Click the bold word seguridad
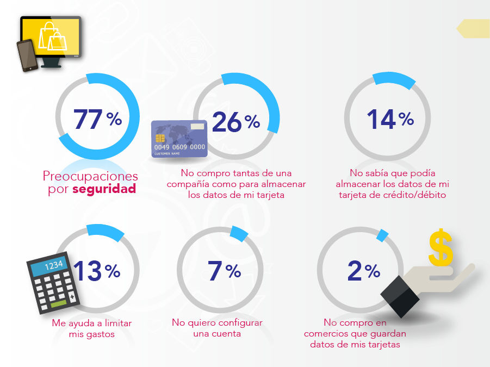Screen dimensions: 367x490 pyautogui.click(x=104, y=190)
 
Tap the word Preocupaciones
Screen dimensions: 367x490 pyautogui.click(x=90, y=177)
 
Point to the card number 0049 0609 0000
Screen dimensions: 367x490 pyautogui.click(x=179, y=147)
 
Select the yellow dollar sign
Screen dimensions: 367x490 pyautogui.click(x=441, y=248)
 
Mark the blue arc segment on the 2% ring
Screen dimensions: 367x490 pyautogui.click(x=383, y=235)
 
